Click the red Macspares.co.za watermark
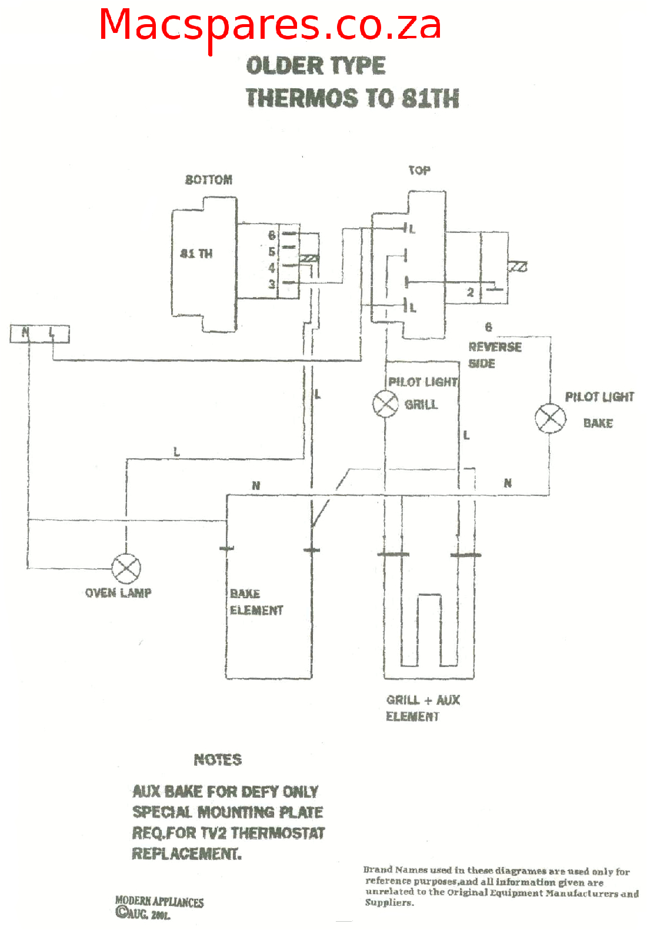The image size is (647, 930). [x=269, y=26]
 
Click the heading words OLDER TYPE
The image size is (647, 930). [x=315, y=65]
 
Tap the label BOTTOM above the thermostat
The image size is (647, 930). [x=209, y=180]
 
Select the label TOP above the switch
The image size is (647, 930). [x=419, y=171]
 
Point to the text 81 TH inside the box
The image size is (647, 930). [x=196, y=254]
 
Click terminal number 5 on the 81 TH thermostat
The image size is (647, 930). [x=272, y=252]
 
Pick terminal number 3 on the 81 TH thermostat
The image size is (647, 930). [x=272, y=284]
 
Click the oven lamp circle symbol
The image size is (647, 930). [x=126, y=568]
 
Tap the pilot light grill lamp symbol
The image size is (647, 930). [x=385, y=404]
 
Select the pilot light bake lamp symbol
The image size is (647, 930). [x=550, y=419]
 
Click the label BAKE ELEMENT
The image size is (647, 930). [x=256, y=602]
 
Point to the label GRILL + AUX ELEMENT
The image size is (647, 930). [x=422, y=708]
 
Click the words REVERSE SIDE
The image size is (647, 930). [x=494, y=355]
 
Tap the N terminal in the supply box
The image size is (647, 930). [x=25, y=333]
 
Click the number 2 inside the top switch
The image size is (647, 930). [x=470, y=292]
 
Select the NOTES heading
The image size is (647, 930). [x=218, y=760]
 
